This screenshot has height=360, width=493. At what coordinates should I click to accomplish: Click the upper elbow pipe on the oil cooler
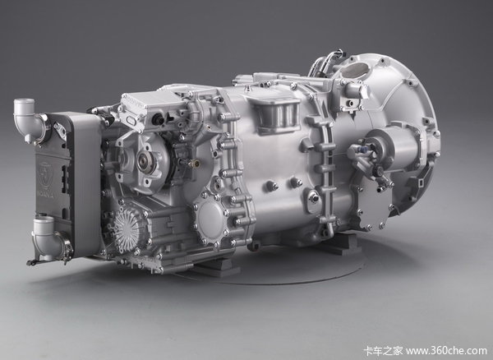coord(28,118)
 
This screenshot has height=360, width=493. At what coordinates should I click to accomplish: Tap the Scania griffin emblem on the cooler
coord(45,175)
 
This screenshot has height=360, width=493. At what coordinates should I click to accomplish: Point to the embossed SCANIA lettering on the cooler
coord(47,196)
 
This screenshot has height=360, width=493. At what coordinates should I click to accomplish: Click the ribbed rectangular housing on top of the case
coord(277,116)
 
